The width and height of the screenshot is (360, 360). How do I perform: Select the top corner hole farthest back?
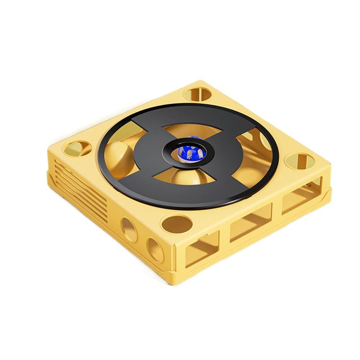point(198,94)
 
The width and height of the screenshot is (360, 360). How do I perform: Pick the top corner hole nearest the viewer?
point(176,224)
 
